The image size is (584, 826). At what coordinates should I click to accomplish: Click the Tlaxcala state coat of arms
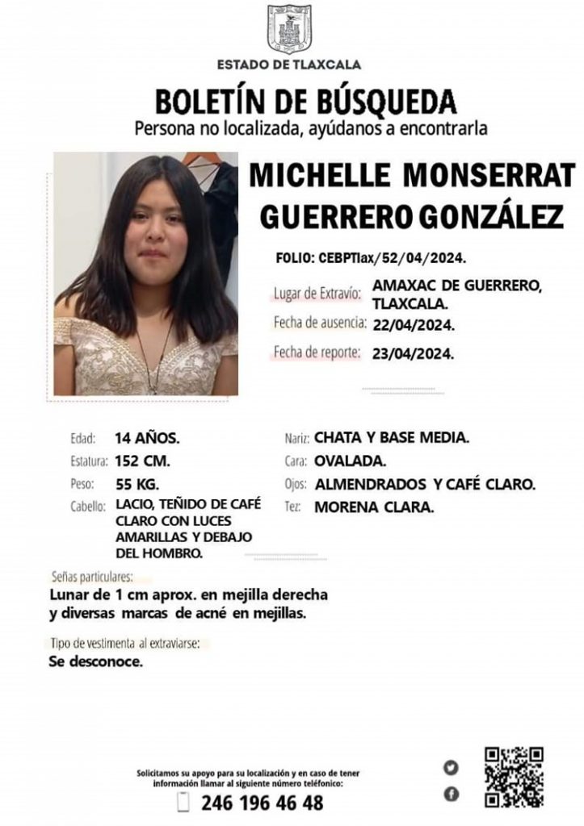point(289,29)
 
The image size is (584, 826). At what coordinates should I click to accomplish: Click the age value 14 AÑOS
point(147,439)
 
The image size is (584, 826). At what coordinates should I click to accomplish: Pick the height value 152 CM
point(142,462)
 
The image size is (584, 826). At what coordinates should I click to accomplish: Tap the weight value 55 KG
point(137,485)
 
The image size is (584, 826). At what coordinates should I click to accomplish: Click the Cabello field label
point(88,507)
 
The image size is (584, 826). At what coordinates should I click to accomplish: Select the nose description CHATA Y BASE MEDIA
point(392,439)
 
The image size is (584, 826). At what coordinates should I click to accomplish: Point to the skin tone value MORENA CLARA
point(373,508)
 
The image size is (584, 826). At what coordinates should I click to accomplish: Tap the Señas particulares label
point(91,577)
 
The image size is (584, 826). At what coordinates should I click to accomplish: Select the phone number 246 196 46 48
point(262,803)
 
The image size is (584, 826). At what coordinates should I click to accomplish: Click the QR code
point(514,777)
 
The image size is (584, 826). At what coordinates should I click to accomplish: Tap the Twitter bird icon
point(451,767)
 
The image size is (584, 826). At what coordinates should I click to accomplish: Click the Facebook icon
point(451,795)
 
